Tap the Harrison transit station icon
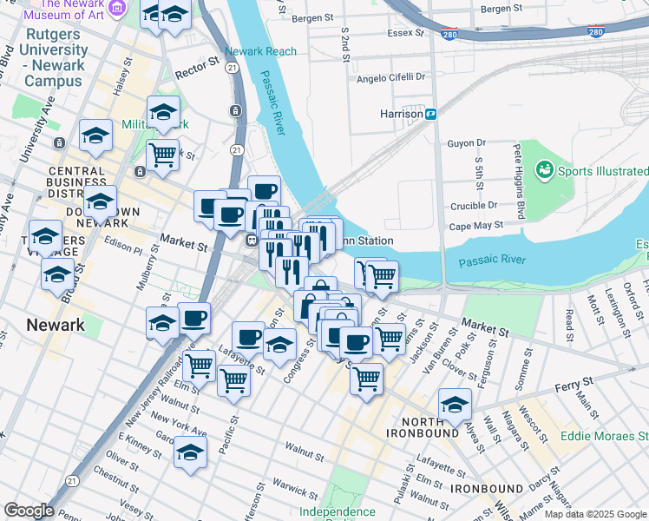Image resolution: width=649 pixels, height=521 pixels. [x=430, y=114]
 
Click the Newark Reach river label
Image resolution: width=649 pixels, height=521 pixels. [x=260, y=51]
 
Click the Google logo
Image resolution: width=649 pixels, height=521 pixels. [x=29, y=511]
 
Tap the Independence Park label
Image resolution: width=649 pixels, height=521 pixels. [x=337, y=512]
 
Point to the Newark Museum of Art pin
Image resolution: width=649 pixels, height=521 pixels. [x=119, y=9]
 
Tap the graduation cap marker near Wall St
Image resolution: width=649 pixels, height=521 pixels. [x=456, y=403]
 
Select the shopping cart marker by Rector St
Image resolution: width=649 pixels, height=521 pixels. [x=162, y=155]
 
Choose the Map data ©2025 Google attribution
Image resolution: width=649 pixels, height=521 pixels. [x=594, y=514]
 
